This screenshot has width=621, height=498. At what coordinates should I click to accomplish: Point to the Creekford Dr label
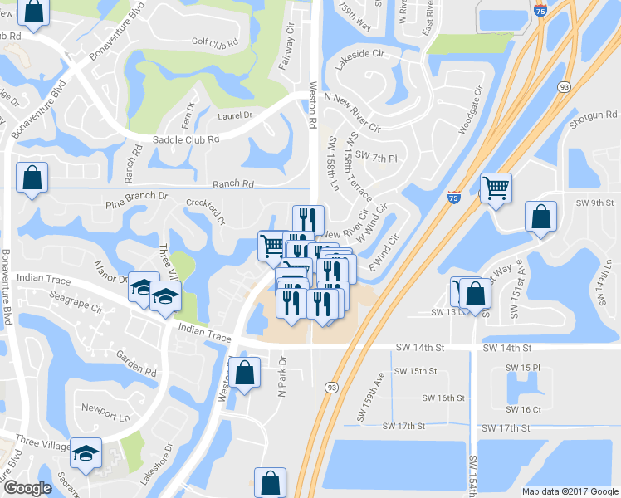tap(206, 210)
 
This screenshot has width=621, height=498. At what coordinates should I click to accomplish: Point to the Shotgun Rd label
tap(594, 115)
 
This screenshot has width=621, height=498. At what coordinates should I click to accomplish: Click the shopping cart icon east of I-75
tap(496, 188)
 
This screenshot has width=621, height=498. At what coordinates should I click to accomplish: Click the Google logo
tap(27, 489)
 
